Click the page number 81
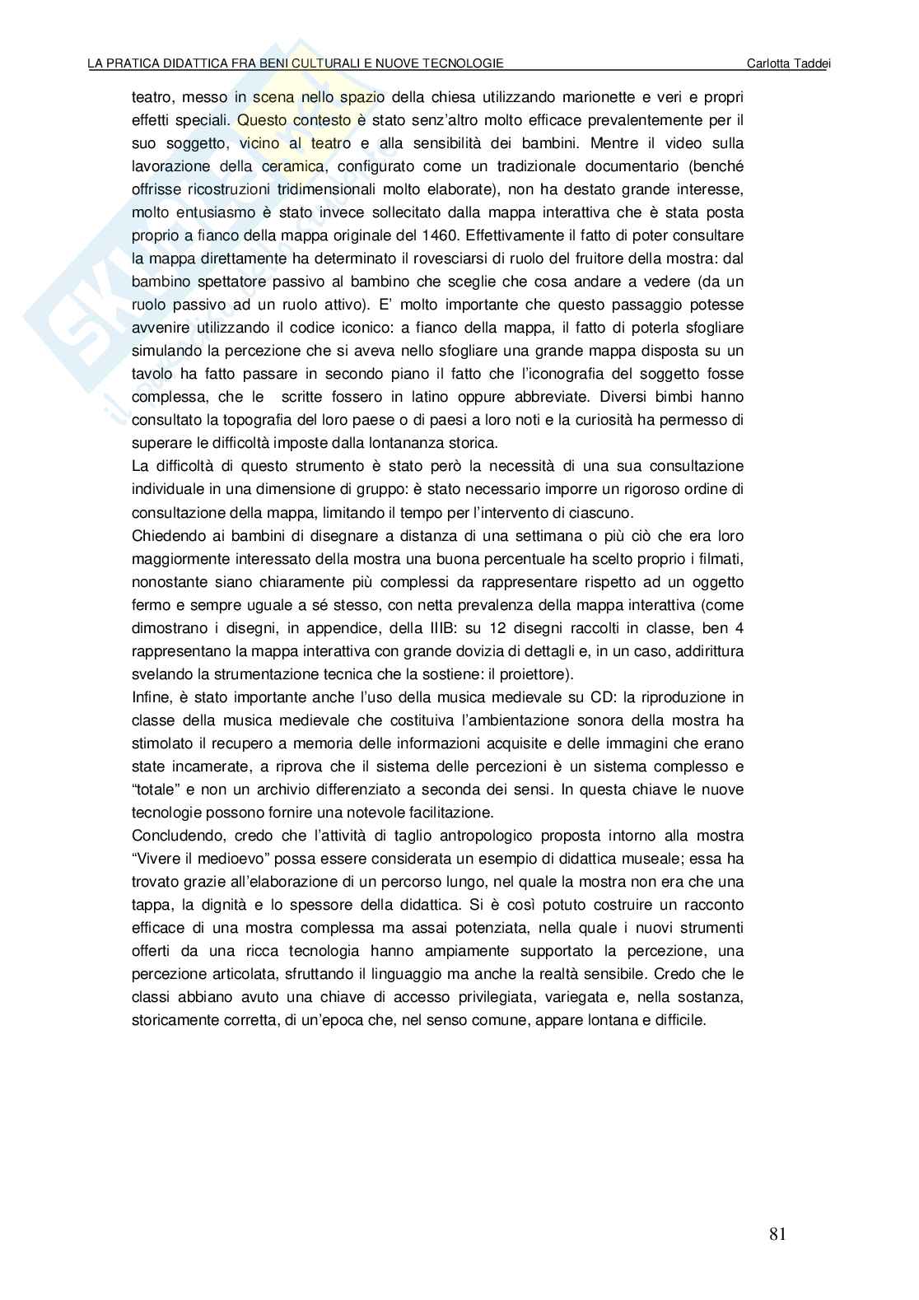tap(778, 1233)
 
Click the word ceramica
tap(268, 166)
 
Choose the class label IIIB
tap(399, 628)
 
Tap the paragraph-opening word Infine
tap(149, 697)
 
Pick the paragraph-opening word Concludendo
tap(175, 836)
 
